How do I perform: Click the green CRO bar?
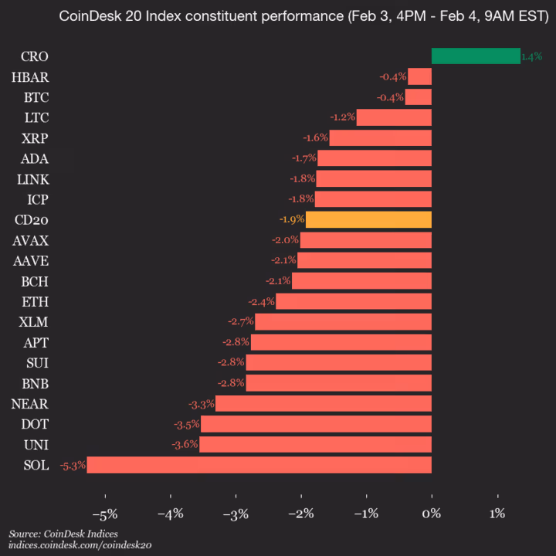[x=475, y=56]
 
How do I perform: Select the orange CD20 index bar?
[x=368, y=219]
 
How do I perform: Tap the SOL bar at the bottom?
[x=259, y=465]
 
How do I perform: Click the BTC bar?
[x=418, y=97]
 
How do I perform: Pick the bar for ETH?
[x=354, y=301]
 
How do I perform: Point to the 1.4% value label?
[x=531, y=56]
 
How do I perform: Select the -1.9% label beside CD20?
[x=291, y=219]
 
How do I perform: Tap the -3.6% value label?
[x=184, y=444]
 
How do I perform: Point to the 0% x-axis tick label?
[x=432, y=514]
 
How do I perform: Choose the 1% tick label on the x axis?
[x=497, y=514]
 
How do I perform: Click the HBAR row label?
[x=30, y=76]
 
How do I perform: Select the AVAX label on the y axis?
[x=30, y=240]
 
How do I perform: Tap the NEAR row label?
[x=30, y=403]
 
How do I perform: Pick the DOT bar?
[x=316, y=424]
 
